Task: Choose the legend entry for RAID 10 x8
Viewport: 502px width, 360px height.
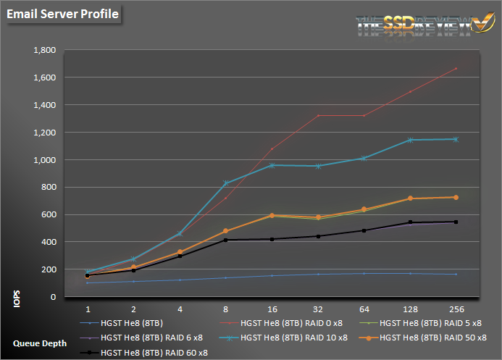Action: (x=293, y=338)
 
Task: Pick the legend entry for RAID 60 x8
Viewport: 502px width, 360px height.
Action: (x=154, y=352)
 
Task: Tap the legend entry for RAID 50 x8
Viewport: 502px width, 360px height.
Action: (x=432, y=338)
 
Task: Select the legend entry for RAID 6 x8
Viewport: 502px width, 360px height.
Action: (x=151, y=338)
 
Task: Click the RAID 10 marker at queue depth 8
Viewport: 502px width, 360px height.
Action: (x=225, y=183)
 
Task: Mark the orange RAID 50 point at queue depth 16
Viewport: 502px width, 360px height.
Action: (x=272, y=215)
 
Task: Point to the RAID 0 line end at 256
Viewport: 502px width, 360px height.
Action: (x=456, y=69)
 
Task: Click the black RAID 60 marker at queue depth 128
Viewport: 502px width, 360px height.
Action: (x=410, y=222)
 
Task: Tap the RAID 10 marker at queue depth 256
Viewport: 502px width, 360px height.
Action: (x=456, y=139)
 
